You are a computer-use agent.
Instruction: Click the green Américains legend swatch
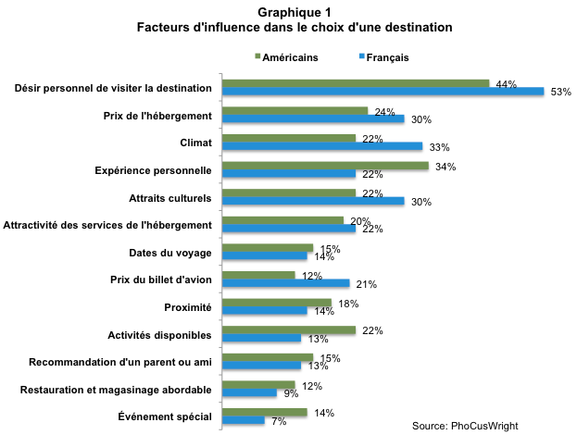click(x=257, y=57)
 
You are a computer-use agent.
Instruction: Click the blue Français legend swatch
click(x=361, y=57)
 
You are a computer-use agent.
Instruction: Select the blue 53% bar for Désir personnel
click(x=382, y=92)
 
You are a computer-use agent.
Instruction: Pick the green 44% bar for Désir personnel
click(x=355, y=83)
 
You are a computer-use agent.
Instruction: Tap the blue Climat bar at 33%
click(x=321, y=146)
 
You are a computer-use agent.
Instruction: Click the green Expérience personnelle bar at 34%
click(x=324, y=166)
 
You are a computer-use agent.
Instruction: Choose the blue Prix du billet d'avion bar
click(x=285, y=283)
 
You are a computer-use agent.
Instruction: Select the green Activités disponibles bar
click(x=288, y=329)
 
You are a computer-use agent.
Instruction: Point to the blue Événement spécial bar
click(x=243, y=420)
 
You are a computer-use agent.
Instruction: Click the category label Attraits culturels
click(x=170, y=198)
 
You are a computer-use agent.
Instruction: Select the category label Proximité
click(x=188, y=307)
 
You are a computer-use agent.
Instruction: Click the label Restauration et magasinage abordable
click(x=117, y=390)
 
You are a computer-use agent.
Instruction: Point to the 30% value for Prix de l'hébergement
click(x=421, y=119)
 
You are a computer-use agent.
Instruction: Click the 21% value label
click(x=366, y=283)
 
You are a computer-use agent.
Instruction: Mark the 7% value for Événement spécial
click(x=278, y=421)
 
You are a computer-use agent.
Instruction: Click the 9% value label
click(x=290, y=393)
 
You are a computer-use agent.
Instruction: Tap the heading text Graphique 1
click(x=288, y=12)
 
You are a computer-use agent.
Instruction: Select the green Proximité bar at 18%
click(x=276, y=303)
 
